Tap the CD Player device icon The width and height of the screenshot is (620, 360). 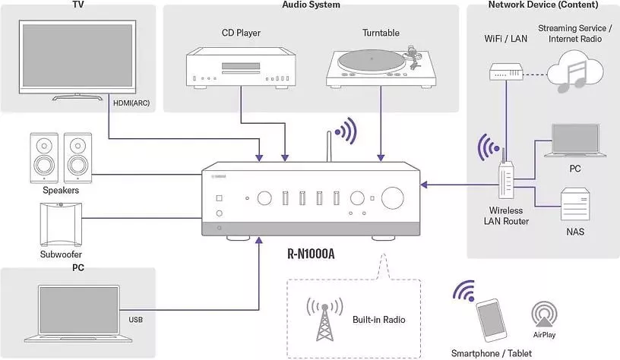point(241,66)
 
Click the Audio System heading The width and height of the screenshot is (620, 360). point(311,5)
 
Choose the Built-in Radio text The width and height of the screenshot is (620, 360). point(379,319)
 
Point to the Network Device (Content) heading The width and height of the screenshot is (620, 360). point(543,5)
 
